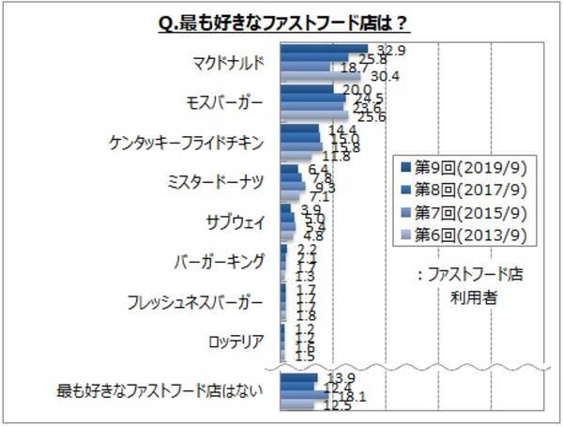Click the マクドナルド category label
pos(225,63)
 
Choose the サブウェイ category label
pos(235,222)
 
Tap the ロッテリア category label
pos(235,341)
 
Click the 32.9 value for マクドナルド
pos(389,49)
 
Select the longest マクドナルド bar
pos(325,50)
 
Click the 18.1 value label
pos(352,397)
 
